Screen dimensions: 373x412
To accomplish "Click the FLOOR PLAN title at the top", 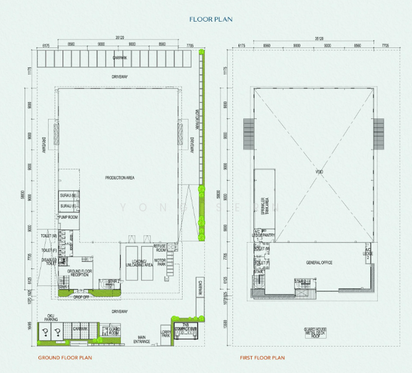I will [211, 20].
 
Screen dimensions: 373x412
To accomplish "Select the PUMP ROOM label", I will [68, 217].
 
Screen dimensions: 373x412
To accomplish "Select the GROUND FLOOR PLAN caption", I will [65, 358].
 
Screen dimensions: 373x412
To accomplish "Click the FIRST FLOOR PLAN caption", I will [262, 358].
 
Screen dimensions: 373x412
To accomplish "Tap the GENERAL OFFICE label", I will [319, 262].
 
